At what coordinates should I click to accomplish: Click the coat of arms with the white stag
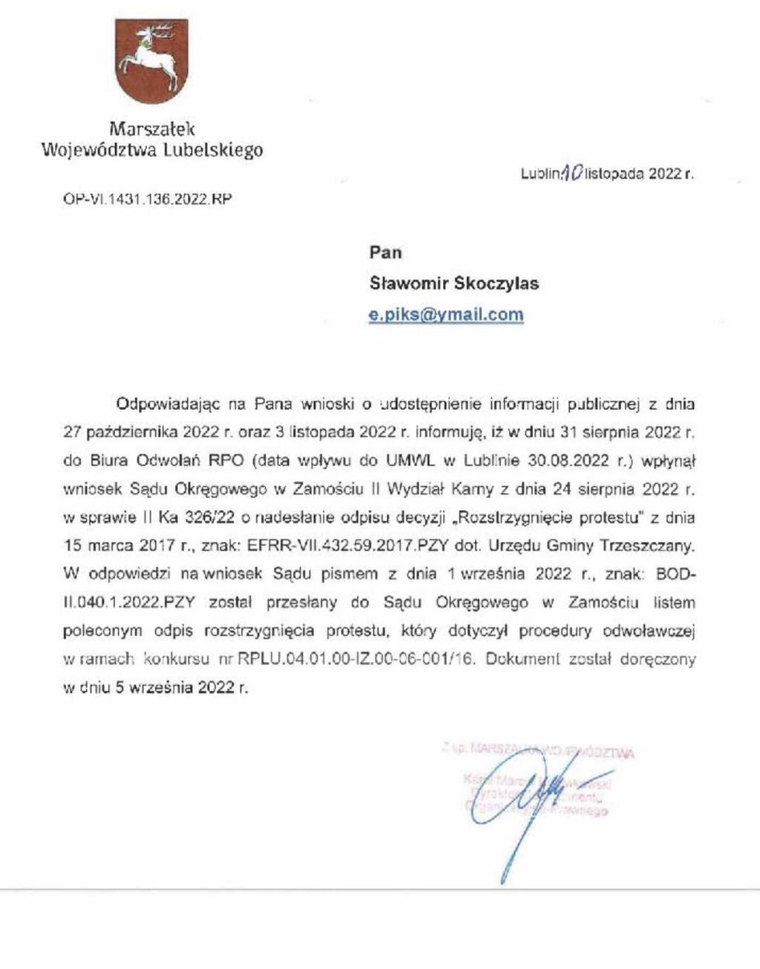151,62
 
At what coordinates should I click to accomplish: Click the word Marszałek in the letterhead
151,128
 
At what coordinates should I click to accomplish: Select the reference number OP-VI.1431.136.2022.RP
147,199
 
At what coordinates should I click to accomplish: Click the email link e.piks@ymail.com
446,314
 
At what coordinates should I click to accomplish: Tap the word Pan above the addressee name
385,252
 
